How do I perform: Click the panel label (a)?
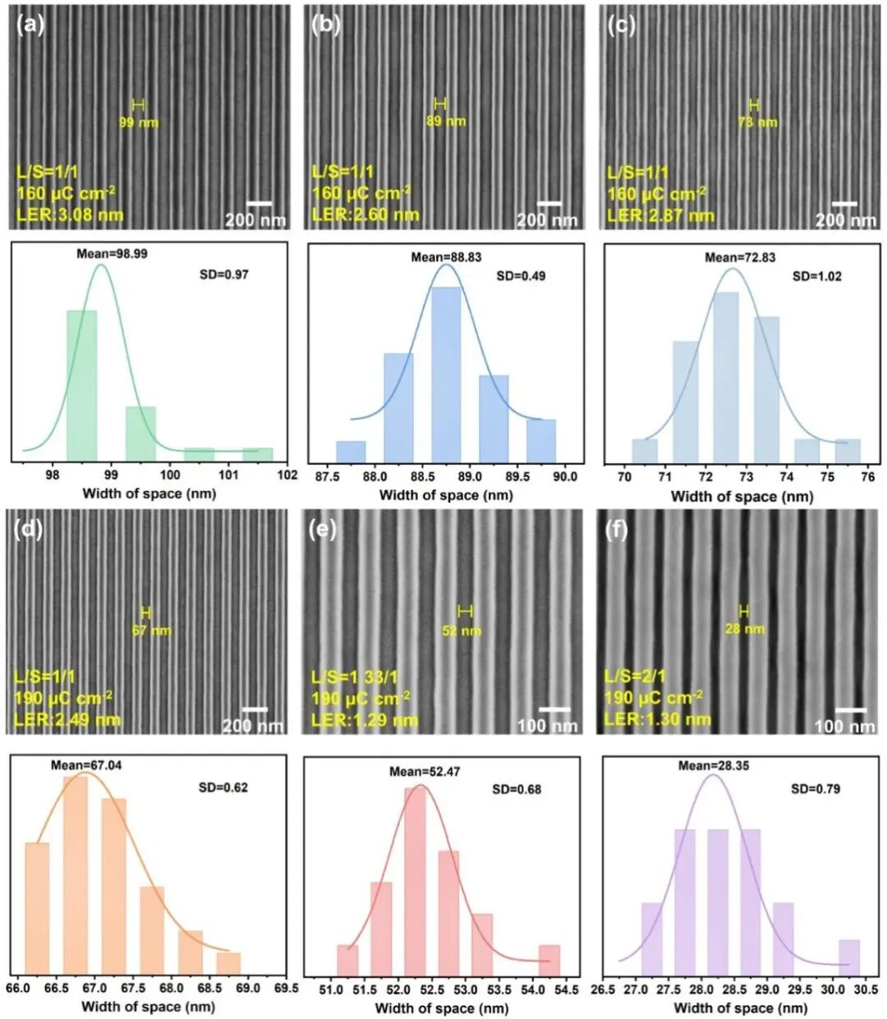pos(30,25)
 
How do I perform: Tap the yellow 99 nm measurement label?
pos(139,122)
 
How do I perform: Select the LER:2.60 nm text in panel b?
pos(365,215)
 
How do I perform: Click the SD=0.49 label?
pos(521,276)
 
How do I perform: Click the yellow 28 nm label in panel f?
pos(745,629)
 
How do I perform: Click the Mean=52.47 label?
pos(423,772)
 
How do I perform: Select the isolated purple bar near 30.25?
pos(848,957)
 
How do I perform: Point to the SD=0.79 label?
pos(816,789)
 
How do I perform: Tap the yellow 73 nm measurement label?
pos(757,122)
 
